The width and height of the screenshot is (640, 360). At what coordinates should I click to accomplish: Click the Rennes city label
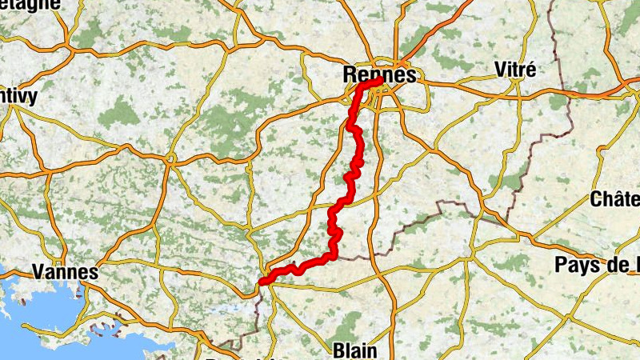tap(379, 75)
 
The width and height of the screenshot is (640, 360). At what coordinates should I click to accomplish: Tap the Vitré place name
tap(515, 70)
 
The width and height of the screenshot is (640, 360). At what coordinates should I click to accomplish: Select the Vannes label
tap(66, 273)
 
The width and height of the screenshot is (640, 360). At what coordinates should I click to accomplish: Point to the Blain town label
tap(354, 350)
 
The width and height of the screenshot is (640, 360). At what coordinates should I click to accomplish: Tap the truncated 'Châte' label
tap(615, 199)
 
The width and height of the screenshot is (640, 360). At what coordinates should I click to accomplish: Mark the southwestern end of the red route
tap(262, 281)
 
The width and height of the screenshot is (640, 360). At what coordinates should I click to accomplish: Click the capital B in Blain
tap(337, 350)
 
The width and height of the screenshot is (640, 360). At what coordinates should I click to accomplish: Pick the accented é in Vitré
tap(531, 70)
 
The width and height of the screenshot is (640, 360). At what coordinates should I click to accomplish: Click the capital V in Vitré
tap(501, 70)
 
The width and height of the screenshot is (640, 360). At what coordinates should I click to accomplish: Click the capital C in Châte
tap(597, 199)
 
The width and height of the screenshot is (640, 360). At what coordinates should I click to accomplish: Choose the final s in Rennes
tap(411, 76)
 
